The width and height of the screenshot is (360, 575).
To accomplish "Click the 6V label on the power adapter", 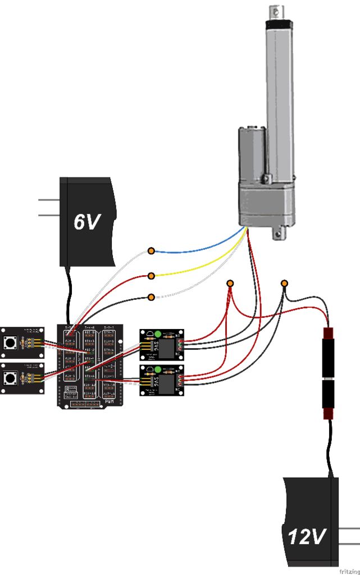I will pos(88,222).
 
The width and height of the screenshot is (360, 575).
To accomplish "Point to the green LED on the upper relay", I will pos(158,334).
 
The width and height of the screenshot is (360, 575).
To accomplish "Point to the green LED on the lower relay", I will pos(158,369).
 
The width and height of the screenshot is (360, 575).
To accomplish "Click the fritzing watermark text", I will pos(349,571).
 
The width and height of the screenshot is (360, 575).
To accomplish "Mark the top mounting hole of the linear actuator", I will pos(275,10).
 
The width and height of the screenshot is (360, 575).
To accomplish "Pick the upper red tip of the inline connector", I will pos(327,332).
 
